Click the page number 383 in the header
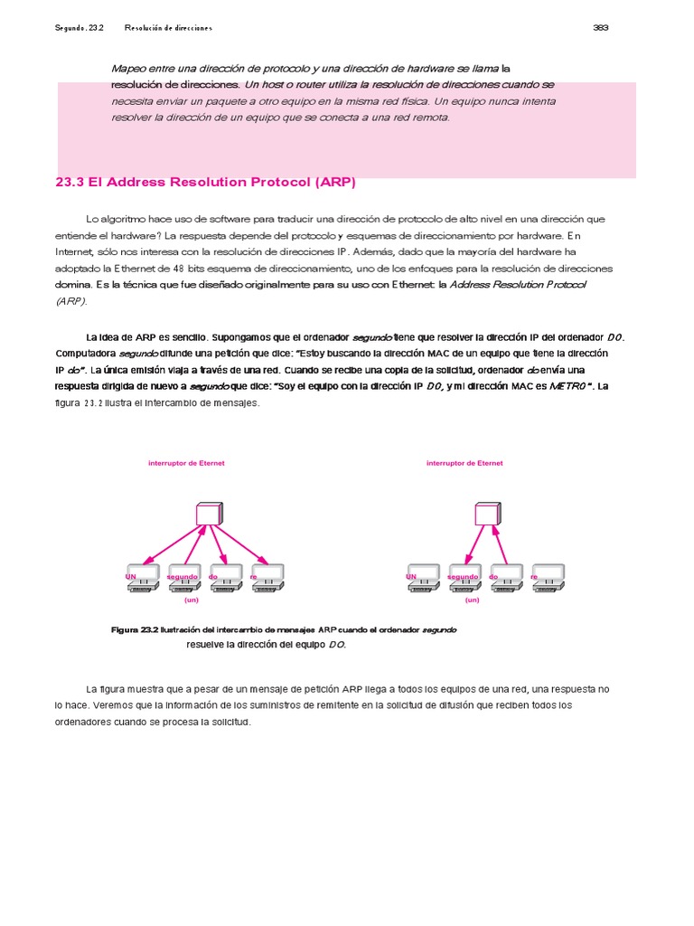[600, 27]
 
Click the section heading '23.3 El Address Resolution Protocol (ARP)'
[206, 182]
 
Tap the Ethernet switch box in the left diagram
[209, 514]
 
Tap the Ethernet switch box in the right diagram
[488, 514]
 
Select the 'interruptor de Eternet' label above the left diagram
[186, 463]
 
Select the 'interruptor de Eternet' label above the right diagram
[464, 463]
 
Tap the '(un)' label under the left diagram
[191, 600]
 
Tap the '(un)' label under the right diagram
[472, 600]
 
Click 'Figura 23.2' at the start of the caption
[134, 629]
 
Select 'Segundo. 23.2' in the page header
[80, 27]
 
